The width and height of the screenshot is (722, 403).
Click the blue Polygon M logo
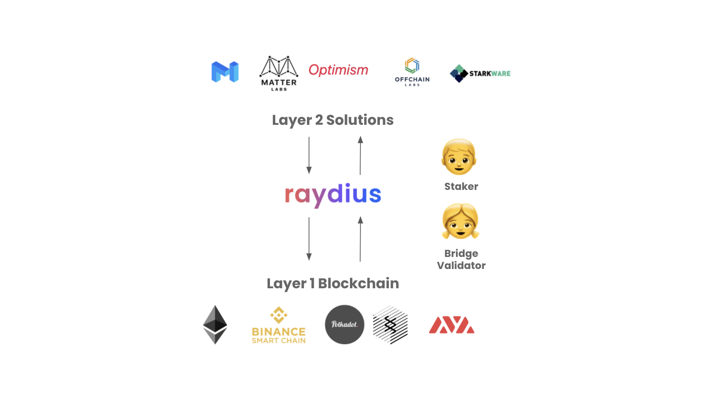pos(225,72)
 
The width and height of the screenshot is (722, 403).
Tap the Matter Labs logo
pos(279,73)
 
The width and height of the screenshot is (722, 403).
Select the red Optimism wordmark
pos(338,70)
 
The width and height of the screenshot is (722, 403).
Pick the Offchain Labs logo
pos(412,72)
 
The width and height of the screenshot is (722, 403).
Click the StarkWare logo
pos(480,73)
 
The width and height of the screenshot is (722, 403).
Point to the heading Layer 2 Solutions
pos(333,120)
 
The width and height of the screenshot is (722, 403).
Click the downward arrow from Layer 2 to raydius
pos(309,155)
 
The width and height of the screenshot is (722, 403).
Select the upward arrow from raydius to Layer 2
pos(360,155)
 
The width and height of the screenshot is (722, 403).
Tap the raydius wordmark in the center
pos(333,195)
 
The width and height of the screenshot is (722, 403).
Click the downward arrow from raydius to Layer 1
pos(309,239)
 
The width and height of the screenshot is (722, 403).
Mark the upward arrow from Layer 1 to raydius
pos(360,239)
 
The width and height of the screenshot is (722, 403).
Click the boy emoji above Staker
pos(459,157)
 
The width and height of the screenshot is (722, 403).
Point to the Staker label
pos(461,187)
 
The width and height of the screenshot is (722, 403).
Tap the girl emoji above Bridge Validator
pos(460,221)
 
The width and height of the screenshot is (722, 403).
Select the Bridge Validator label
pos(461,259)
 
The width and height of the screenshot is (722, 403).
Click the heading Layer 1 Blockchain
pos(333,283)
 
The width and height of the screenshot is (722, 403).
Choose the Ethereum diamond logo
pos(215,324)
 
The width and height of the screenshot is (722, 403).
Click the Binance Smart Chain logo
pos(279,326)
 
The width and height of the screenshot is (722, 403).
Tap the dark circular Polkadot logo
pos(345,324)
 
